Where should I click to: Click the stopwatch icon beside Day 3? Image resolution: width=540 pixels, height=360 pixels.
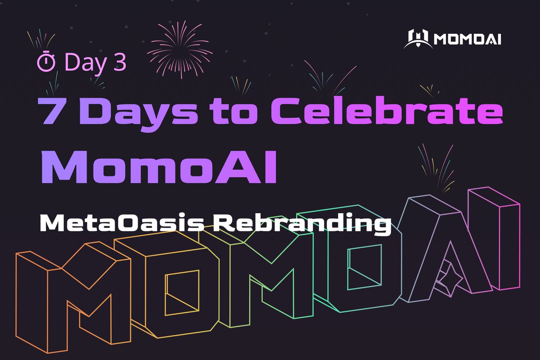(46, 62)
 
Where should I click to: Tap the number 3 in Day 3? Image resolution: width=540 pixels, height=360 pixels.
(119, 62)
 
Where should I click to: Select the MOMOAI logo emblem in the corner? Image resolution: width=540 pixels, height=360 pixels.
(418, 39)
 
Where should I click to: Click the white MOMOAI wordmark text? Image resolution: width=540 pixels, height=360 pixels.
(468, 40)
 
